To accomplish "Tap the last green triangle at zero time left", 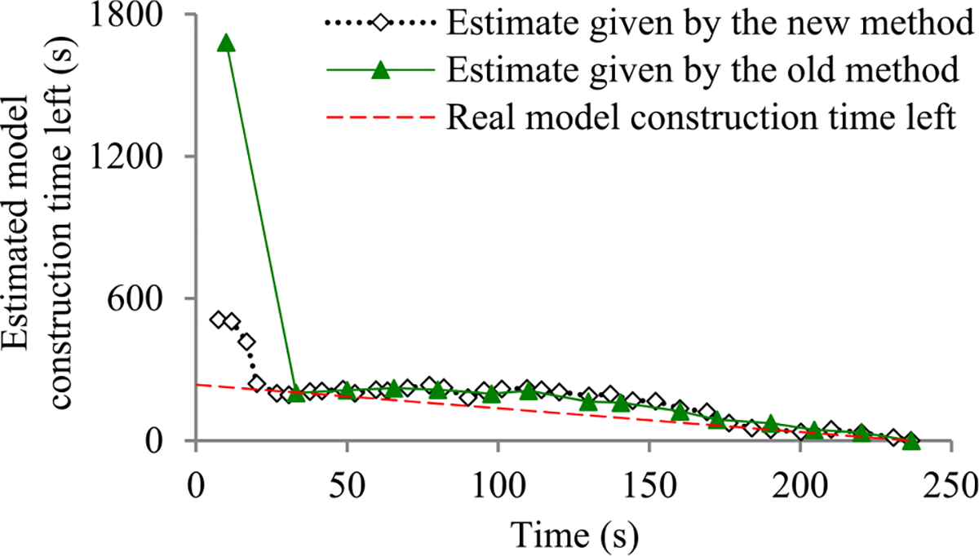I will click(911, 440).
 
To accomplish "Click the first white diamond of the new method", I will click(218, 320).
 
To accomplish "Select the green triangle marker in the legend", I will click(380, 71).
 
